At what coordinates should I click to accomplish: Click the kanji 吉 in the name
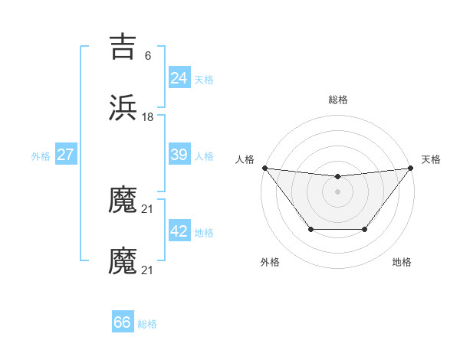pyautogui.click(x=123, y=47)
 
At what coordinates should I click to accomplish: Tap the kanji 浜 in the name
pyautogui.click(x=123, y=108)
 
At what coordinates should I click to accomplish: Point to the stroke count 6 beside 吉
pyautogui.click(x=147, y=55)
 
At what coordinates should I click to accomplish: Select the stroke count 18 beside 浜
pyautogui.click(x=148, y=116)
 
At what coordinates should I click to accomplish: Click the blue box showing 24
pyautogui.click(x=179, y=77)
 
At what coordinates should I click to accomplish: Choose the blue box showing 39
pyautogui.click(x=179, y=155)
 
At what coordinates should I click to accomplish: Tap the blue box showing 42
pyautogui.click(x=179, y=231)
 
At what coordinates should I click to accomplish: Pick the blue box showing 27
pyautogui.click(x=65, y=155)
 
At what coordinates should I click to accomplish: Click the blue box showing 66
pyautogui.click(x=122, y=322)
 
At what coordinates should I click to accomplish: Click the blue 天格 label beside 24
pyautogui.click(x=204, y=79)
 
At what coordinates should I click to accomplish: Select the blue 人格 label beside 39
pyautogui.click(x=204, y=156)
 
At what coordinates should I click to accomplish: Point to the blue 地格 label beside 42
pyautogui.click(x=204, y=233)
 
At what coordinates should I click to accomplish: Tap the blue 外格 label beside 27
pyautogui.click(x=41, y=156)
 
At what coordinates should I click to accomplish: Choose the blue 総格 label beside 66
pyautogui.click(x=147, y=324)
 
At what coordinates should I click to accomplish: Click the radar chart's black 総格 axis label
pyautogui.click(x=337, y=100)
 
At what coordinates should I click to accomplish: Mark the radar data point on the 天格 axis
pyautogui.click(x=410, y=168)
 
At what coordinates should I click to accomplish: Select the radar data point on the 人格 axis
pyautogui.click(x=264, y=168)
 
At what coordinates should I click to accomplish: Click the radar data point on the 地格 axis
pyautogui.click(x=365, y=229)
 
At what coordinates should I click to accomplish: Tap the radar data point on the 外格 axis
pyautogui.click(x=310, y=229)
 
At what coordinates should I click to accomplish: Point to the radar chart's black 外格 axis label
pyautogui.click(x=270, y=262)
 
